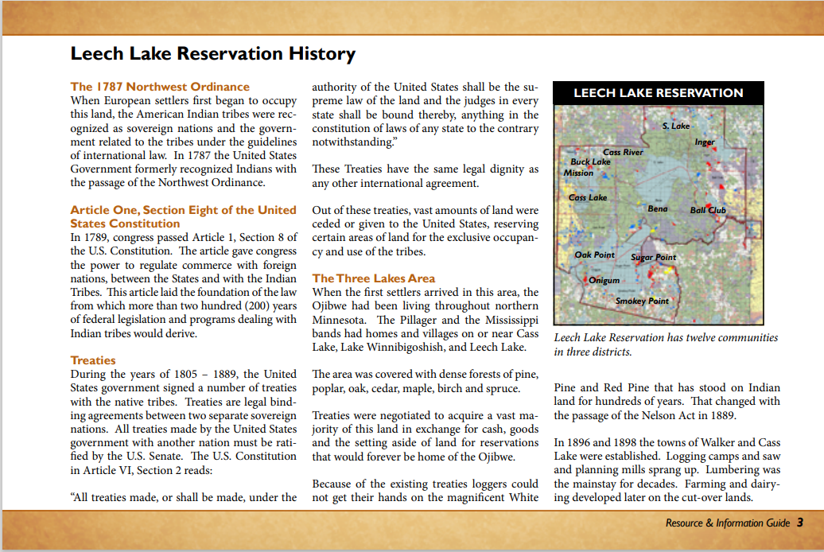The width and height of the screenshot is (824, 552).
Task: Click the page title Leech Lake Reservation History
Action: (212, 54)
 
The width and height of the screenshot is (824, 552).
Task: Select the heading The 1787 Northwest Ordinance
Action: (160, 87)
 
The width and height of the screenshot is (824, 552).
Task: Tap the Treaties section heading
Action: (93, 360)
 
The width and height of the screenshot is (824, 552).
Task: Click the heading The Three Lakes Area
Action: (374, 278)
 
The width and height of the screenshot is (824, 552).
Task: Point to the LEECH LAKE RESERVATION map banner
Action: (658, 93)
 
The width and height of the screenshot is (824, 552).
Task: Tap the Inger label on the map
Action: (705, 142)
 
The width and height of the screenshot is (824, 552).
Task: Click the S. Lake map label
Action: (676, 126)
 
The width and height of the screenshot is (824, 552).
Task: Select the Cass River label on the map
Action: (623, 152)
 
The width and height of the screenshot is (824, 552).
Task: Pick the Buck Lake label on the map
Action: (590, 162)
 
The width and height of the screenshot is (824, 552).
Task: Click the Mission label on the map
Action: (578, 173)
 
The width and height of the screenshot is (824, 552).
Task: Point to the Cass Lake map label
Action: (588, 197)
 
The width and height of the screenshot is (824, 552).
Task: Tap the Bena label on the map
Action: (658, 208)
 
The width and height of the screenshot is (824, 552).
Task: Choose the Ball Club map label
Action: (708, 211)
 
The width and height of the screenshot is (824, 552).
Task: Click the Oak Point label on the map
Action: (595, 255)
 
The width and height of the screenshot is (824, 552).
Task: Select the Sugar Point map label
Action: (653, 257)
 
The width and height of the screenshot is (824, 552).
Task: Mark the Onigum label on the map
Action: (604, 280)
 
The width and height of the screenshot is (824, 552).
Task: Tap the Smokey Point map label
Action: (642, 301)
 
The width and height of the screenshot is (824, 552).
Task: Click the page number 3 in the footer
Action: (799, 523)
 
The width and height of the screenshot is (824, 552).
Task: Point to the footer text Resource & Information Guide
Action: (728, 523)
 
